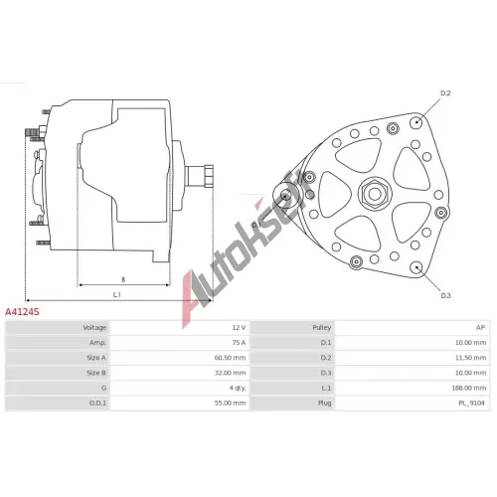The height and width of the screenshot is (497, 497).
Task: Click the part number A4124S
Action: click(x=22, y=312)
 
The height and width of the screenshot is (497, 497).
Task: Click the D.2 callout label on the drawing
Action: click(x=445, y=93)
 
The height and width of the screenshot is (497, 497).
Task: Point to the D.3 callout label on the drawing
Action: click(x=445, y=295)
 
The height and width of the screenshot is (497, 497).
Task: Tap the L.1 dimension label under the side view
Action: click(x=117, y=294)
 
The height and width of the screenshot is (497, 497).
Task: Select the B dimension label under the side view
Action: click(x=123, y=279)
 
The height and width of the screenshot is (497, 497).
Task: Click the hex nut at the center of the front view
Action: click(x=375, y=193)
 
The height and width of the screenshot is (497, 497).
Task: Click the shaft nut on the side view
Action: click(x=209, y=176)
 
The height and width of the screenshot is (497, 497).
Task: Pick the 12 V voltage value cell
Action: click(x=239, y=328)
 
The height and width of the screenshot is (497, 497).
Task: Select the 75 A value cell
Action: click(x=239, y=343)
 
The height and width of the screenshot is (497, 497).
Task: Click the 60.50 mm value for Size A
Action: click(x=231, y=358)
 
